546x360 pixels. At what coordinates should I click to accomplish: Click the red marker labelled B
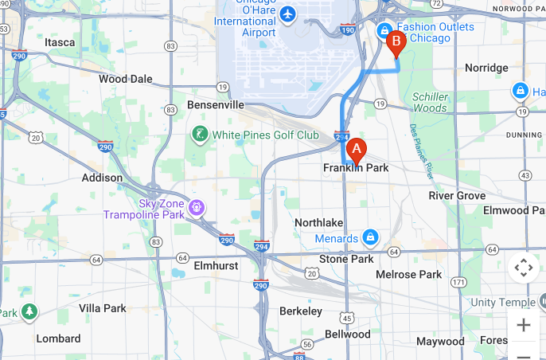click(x=396, y=42)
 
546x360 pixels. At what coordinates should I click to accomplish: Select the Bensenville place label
click(x=215, y=104)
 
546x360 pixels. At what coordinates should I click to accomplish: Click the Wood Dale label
click(x=125, y=79)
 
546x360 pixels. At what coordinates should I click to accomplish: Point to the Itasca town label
click(x=60, y=41)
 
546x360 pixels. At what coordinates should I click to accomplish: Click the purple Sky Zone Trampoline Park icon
click(x=197, y=209)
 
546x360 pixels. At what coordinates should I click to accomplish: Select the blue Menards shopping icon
click(x=370, y=237)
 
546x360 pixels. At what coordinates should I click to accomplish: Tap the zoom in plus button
click(x=523, y=325)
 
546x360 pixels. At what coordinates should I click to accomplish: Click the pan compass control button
click(x=523, y=268)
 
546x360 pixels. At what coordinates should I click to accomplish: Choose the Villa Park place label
click(x=103, y=307)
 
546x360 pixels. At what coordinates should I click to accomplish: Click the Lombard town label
click(x=58, y=338)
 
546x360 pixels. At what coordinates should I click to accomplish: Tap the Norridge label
click(x=486, y=68)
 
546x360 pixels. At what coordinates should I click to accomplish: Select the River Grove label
click(x=457, y=195)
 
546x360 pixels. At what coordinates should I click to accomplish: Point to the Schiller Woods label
click(x=430, y=102)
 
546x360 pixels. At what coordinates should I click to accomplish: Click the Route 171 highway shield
click(x=458, y=282)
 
